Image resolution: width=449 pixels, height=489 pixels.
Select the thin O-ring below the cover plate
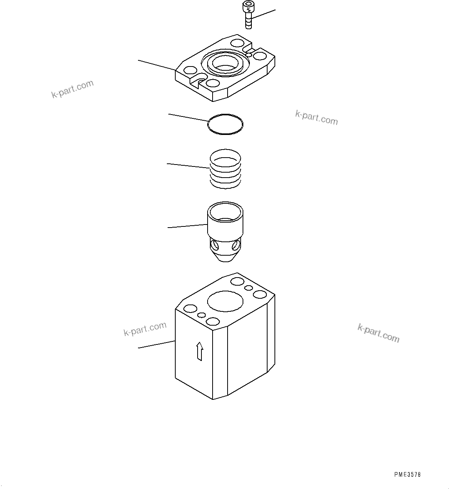[225, 124]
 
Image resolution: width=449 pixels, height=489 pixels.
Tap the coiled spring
[225, 169]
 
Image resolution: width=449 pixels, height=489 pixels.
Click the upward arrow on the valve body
[199, 351]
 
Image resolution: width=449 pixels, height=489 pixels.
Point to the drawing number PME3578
[407, 474]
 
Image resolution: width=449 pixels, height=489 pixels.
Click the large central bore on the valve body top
[225, 301]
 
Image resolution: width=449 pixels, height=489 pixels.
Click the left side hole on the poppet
[214, 245]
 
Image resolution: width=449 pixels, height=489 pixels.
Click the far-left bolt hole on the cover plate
[190, 70]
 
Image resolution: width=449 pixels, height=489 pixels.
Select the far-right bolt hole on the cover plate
[260, 56]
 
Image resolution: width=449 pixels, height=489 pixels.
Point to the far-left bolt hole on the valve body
[190, 309]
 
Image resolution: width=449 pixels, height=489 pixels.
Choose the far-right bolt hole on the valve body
[260, 295]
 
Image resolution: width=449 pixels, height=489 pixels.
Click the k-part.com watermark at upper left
[73, 89]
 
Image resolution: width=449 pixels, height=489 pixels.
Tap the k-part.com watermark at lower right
[378, 333]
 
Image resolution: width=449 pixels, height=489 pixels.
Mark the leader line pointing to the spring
[188, 166]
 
